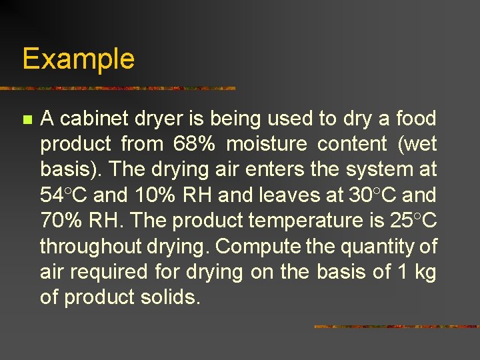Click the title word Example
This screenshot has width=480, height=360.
click(78, 59)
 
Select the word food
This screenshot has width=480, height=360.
click(415, 119)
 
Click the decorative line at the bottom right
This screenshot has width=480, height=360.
click(396, 327)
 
